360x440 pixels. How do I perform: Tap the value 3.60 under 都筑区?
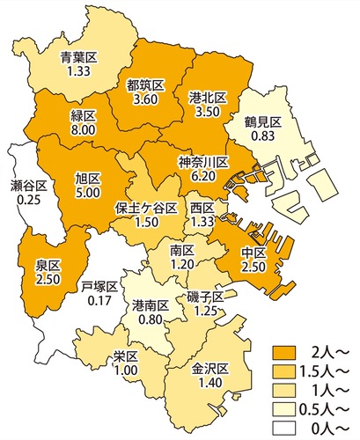[143, 100]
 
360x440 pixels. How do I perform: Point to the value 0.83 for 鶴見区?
[264, 138]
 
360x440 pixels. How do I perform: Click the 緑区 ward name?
[83, 114]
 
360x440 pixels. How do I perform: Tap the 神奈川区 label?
[203, 162]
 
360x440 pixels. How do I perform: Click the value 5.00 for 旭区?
[89, 190]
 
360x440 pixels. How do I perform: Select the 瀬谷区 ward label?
[28, 186]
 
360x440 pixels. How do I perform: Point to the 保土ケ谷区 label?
[141, 209]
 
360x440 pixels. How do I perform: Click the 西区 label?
[202, 208]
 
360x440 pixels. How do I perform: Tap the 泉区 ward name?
[48, 265]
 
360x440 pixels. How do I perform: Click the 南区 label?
[183, 251]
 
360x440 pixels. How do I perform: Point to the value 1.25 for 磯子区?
[206, 311]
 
